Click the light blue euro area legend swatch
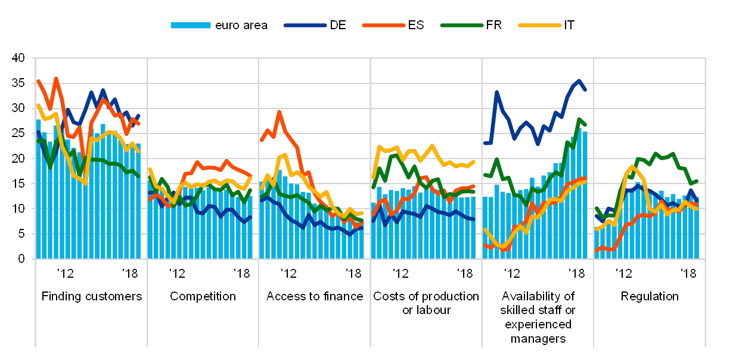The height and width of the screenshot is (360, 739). [x=190, y=25]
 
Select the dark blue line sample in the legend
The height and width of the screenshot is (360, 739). [x=305, y=25]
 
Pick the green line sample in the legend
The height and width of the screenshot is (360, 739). [x=462, y=25]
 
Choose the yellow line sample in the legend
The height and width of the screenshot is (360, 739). [x=539, y=25]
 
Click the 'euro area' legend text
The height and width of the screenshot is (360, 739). [x=241, y=26]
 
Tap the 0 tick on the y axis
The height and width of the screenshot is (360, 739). [x=21, y=259]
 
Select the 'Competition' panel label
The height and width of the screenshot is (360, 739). [x=203, y=296]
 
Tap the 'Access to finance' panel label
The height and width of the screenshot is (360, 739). [x=314, y=296]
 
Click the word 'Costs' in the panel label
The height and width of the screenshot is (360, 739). [x=387, y=296]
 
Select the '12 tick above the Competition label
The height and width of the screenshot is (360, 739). [x=176, y=274]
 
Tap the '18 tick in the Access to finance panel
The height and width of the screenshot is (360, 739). [x=355, y=274]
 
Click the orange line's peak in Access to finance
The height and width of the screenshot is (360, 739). [x=279, y=111]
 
